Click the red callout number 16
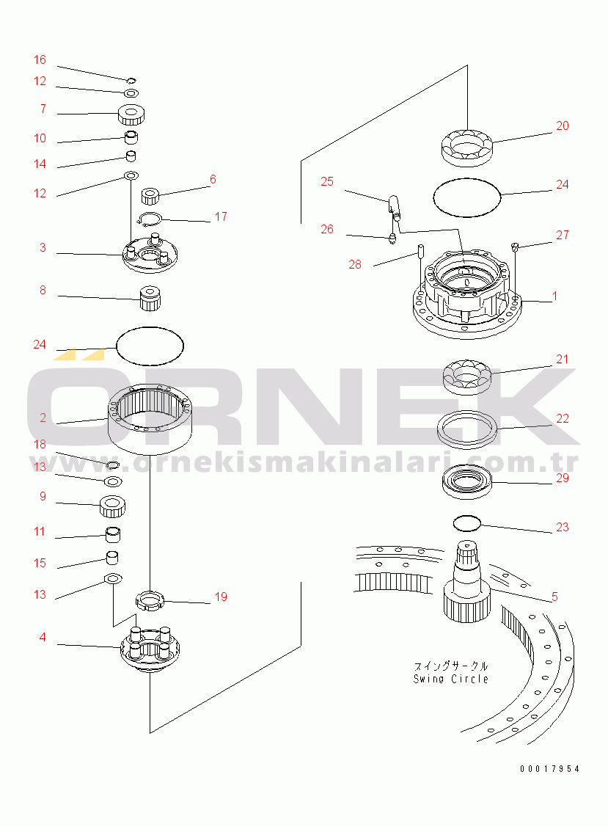[40, 60]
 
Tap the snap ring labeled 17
[150, 219]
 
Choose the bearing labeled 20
[467, 146]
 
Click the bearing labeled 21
[467, 376]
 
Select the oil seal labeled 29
[467, 481]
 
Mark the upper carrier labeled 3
[150, 253]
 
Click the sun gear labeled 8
[150, 298]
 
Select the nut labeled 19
[150, 602]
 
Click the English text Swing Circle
[451, 680]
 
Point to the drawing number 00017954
[550, 769]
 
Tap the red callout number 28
[355, 265]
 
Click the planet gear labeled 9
[112, 507]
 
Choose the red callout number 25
[327, 182]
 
